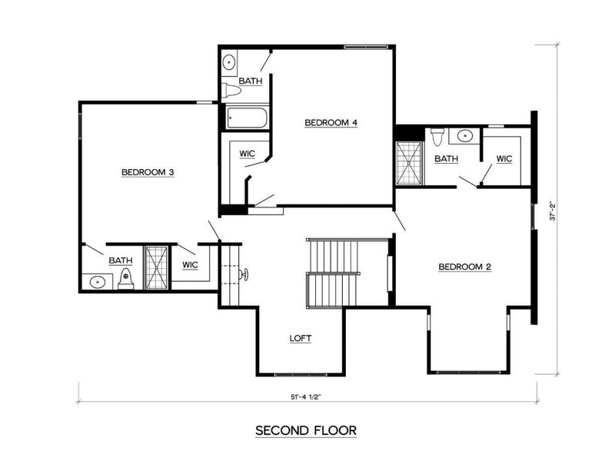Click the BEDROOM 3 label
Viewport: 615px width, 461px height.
[x=148, y=173]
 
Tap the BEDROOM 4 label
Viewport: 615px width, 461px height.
[x=331, y=122]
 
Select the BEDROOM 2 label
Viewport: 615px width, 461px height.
[x=464, y=267]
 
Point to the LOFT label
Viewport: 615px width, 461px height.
[x=300, y=338]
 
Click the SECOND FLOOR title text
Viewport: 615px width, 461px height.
[x=306, y=431]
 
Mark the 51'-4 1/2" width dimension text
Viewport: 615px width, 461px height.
[x=306, y=396]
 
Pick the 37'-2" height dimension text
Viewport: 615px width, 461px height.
[x=551, y=211]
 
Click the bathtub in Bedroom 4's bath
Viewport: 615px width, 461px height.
[x=247, y=118]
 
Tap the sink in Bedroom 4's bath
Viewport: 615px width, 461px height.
[x=229, y=62]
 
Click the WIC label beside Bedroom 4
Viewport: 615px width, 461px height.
[x=247, y=154]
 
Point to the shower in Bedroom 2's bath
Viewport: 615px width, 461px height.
[x=409, y=164]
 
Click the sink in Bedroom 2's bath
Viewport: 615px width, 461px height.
[x=464, y=136]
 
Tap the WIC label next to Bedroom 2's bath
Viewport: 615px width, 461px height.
[x=504, y=159]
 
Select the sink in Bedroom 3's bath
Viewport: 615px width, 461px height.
[x=98, y=282]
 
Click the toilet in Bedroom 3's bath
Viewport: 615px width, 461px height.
[x=126, y=280]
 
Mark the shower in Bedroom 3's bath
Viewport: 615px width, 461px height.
[x=157, y=268]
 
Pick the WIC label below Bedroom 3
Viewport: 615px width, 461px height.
[x=190, y=265]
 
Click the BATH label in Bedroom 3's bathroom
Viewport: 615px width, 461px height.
[x=120, y=260]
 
